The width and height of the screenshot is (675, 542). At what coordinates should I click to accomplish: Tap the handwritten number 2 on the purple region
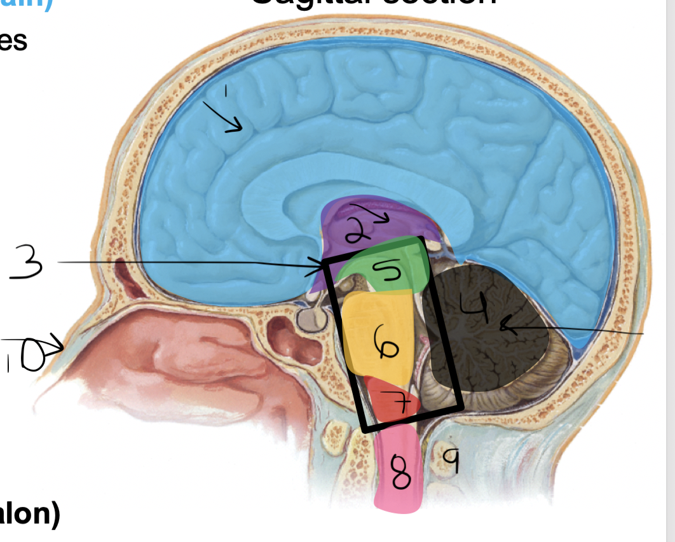pos(357,229)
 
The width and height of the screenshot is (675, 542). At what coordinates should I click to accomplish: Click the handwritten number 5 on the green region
pos(387,272)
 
